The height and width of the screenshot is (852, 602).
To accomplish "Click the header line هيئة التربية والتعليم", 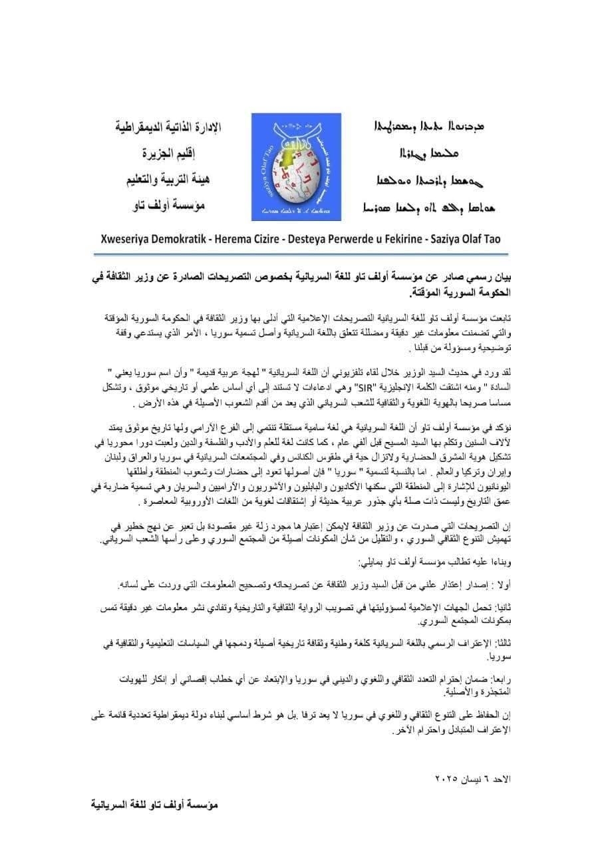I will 169,180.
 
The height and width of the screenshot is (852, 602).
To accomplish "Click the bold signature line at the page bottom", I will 154,804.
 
